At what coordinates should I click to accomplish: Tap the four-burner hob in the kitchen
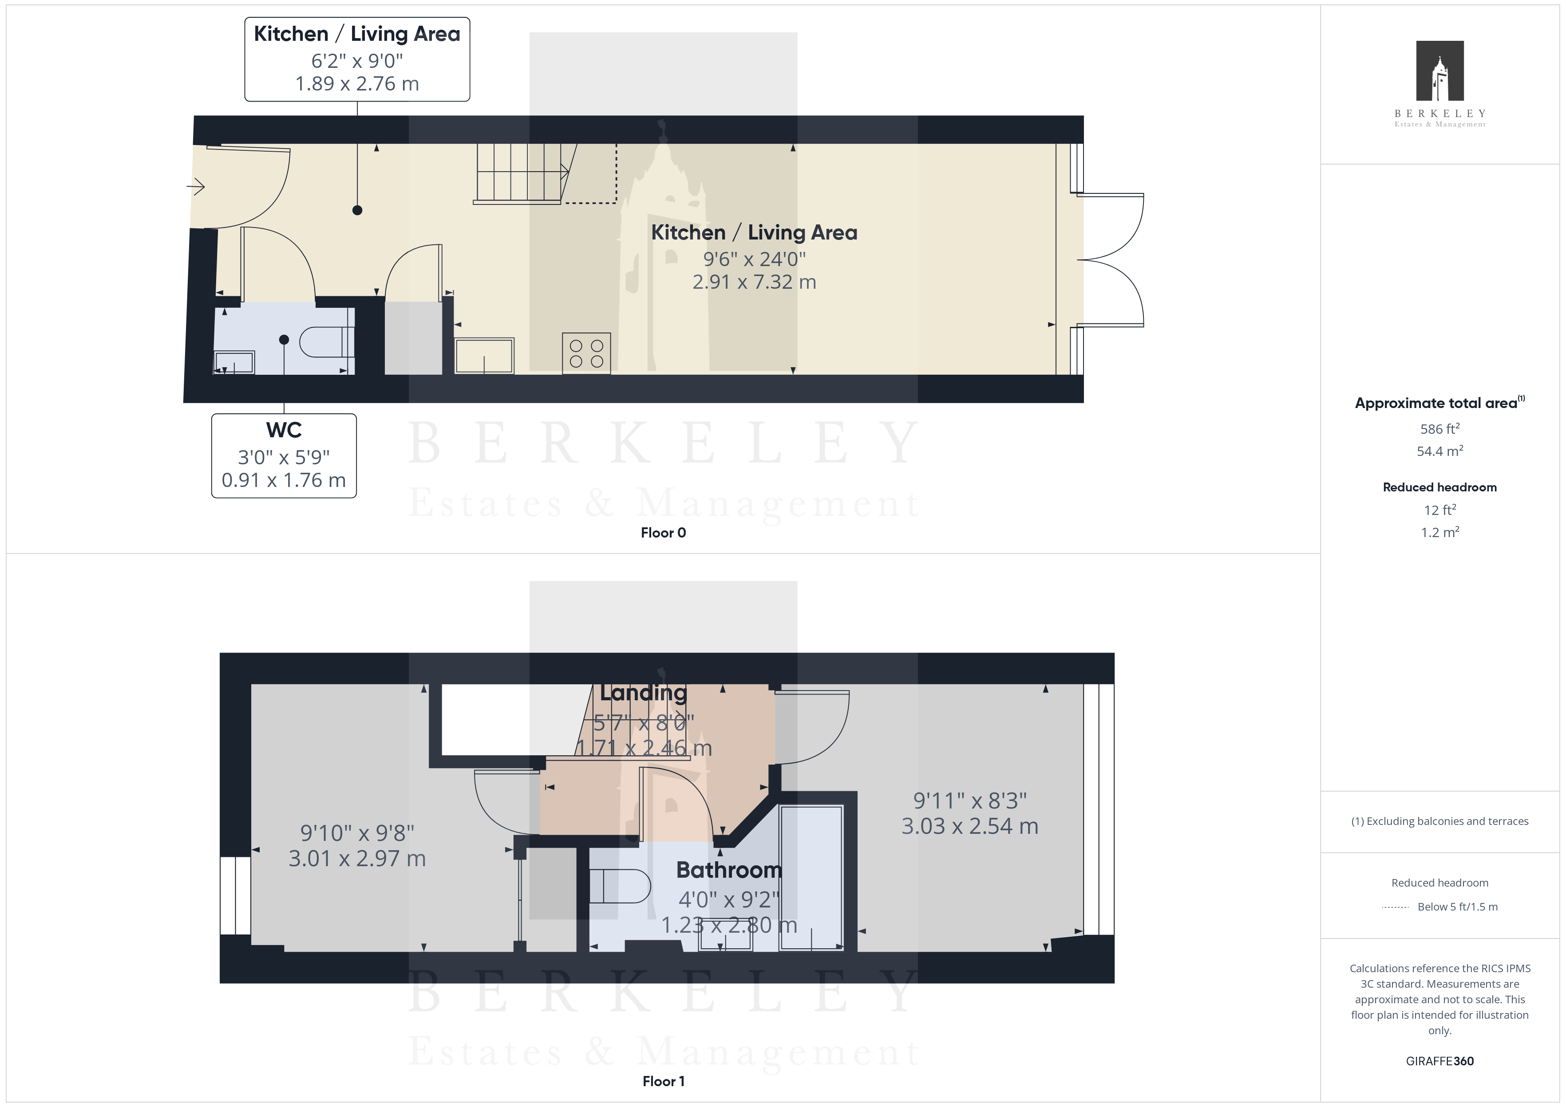tap(586, 353)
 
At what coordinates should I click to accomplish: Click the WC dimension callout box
tap(284, 455)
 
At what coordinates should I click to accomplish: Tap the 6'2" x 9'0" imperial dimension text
tap(357, 61)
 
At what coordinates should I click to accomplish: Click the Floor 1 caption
tap(663, 1081)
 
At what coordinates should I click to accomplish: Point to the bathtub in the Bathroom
tap(812, 877)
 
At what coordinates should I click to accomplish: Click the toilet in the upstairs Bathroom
tap(619, 886)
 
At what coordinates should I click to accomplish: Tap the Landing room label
tap(643, 693)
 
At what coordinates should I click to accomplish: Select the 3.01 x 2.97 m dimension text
tap(357, 858)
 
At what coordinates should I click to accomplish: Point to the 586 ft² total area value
tap(1440, 429)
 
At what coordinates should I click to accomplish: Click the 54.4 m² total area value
tap(1440, 451)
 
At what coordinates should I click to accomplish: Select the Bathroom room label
tap(729, 871)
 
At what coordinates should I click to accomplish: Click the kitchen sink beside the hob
tap(484, 355)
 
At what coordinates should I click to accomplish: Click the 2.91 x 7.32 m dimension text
tap(754, 282)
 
